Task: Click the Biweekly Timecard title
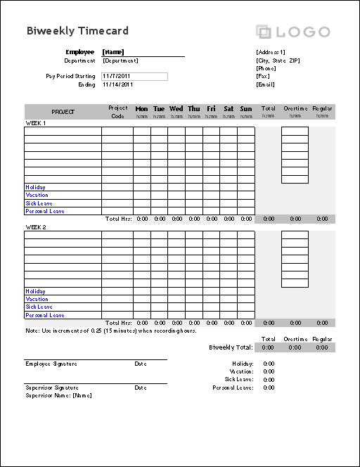coord(77,31)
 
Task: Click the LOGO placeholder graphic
coord(293,32)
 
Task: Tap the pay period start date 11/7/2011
coord(117,76)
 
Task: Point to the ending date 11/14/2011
coord(117,84)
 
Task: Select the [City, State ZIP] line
coord(278,60)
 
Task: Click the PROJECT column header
coord(63,112)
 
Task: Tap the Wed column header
coord(176,109)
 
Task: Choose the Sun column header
coord(245,109)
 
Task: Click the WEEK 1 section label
coord(36,123)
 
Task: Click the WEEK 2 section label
coord(36,227)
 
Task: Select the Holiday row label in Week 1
coord(36,187)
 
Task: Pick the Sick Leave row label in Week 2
coord(39,307)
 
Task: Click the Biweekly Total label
coord(231,347)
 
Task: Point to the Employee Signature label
coord(51,364)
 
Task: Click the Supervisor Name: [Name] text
coord(58,395)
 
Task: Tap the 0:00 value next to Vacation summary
coord(269,371)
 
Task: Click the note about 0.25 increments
coord(110,331)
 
